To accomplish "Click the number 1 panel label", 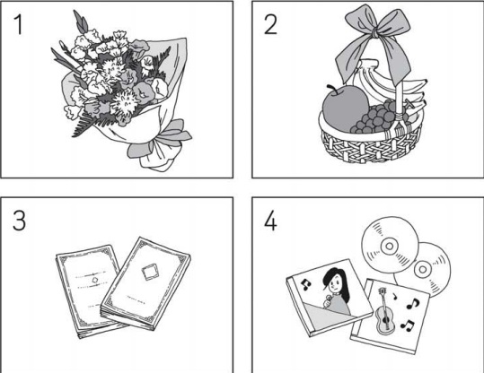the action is pos(19,25).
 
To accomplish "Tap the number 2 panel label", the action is pos(270,25).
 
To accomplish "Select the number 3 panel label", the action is pos(19,220).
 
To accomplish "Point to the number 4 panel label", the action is pos(270,221).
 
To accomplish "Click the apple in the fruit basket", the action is pos(344,108).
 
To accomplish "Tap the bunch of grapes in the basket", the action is pos(375,117).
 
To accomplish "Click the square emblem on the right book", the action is pos(150,272).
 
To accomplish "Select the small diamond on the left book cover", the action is pos(95,281).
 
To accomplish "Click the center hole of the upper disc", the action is pos(390,246).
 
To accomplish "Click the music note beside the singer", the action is pos(305,284).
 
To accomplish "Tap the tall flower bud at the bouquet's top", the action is pos(80,22).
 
